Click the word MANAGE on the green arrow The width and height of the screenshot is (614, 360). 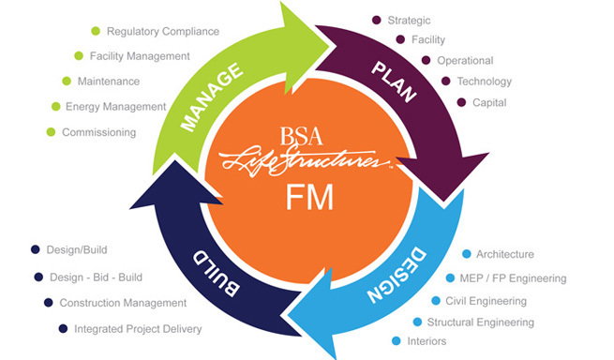pos(212,97)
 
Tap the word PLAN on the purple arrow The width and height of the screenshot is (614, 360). pos(394,82)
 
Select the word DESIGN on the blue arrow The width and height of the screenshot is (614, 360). pos(397,275)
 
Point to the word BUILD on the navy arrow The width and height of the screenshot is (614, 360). pos(217,274)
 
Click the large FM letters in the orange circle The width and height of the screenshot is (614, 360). pos(309,197)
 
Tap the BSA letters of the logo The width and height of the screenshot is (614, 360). pos(301,136)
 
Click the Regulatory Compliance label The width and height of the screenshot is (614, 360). pos(163,31)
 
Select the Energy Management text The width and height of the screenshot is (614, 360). pos(116,107)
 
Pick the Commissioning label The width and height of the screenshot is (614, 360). pos(99,132)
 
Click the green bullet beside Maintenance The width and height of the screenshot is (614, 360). pos(67,81)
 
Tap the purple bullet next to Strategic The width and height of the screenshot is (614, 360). pos(376,20)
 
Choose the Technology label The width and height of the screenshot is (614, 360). pos(485,81)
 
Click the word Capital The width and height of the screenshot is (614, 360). pos(489,102)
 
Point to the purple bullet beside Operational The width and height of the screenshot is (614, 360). pos(426,60)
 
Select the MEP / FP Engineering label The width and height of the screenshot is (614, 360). pos(513,278)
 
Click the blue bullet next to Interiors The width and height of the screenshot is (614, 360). pos(397,341)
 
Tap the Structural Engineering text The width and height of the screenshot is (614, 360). pos(481,322)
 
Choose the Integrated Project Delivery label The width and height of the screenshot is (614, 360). pos(138,329)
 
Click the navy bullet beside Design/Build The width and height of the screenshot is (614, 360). pos(36,249)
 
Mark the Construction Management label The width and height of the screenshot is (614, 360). pos(123,303)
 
